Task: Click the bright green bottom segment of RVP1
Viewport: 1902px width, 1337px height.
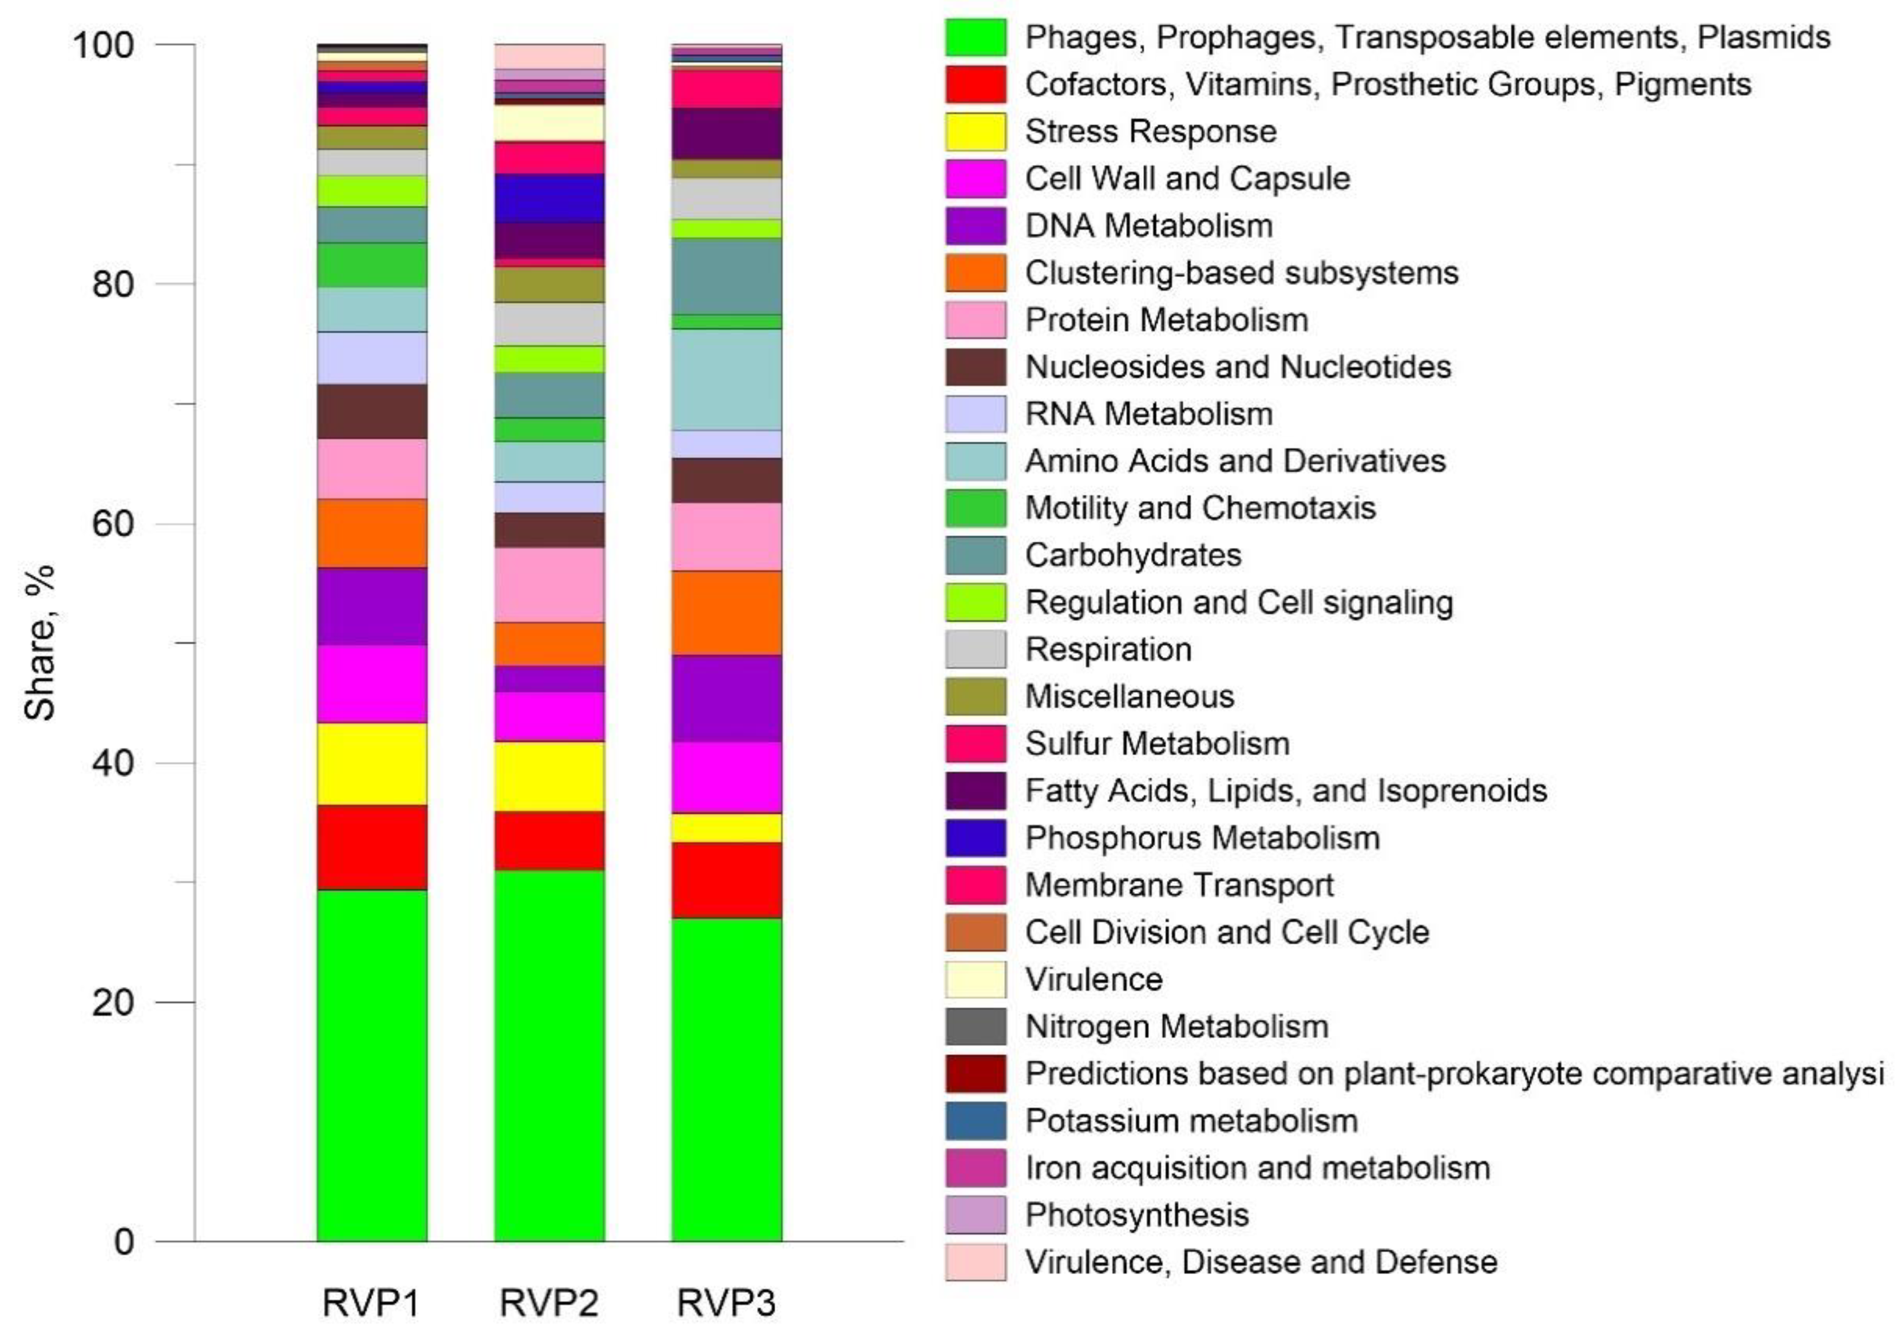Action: pos(372,1065)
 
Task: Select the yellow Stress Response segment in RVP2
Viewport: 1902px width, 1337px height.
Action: pos(549,776)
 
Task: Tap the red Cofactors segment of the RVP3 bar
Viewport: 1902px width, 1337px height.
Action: pos(727,879)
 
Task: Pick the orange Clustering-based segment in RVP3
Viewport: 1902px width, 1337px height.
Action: pos(727,613)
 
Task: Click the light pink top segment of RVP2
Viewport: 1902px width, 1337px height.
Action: pos(549,56)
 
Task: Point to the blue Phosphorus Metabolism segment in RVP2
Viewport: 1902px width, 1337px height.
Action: pos(549,198)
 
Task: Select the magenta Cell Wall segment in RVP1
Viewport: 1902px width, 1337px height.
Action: pos(372,684)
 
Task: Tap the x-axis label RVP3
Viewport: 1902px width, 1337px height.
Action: pos(727,1302)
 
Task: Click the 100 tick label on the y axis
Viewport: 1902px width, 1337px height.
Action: pos(103,45)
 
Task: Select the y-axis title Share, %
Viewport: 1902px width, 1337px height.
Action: pos(39,643)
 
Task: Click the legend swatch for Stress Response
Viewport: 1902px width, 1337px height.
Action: pos(976,132)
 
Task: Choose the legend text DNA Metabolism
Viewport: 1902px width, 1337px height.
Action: pos(1148,226)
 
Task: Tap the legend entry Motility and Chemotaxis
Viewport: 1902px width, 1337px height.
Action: pos(1199,508)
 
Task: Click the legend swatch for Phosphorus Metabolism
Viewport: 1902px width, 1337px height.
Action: pos(976,838)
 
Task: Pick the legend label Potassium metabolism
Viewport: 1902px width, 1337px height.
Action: pos(1191,1121)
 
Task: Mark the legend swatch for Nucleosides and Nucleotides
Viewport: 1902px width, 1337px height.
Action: pos(976,367)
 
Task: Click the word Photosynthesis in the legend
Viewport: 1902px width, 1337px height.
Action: pos(1136,1215)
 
